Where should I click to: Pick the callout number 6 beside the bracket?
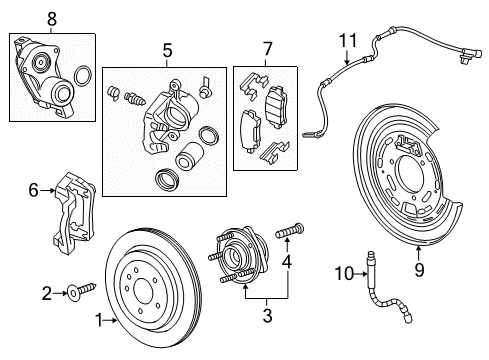point(33,188)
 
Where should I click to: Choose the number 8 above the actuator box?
point(52,17)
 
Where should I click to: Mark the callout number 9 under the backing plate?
point(418,267)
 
